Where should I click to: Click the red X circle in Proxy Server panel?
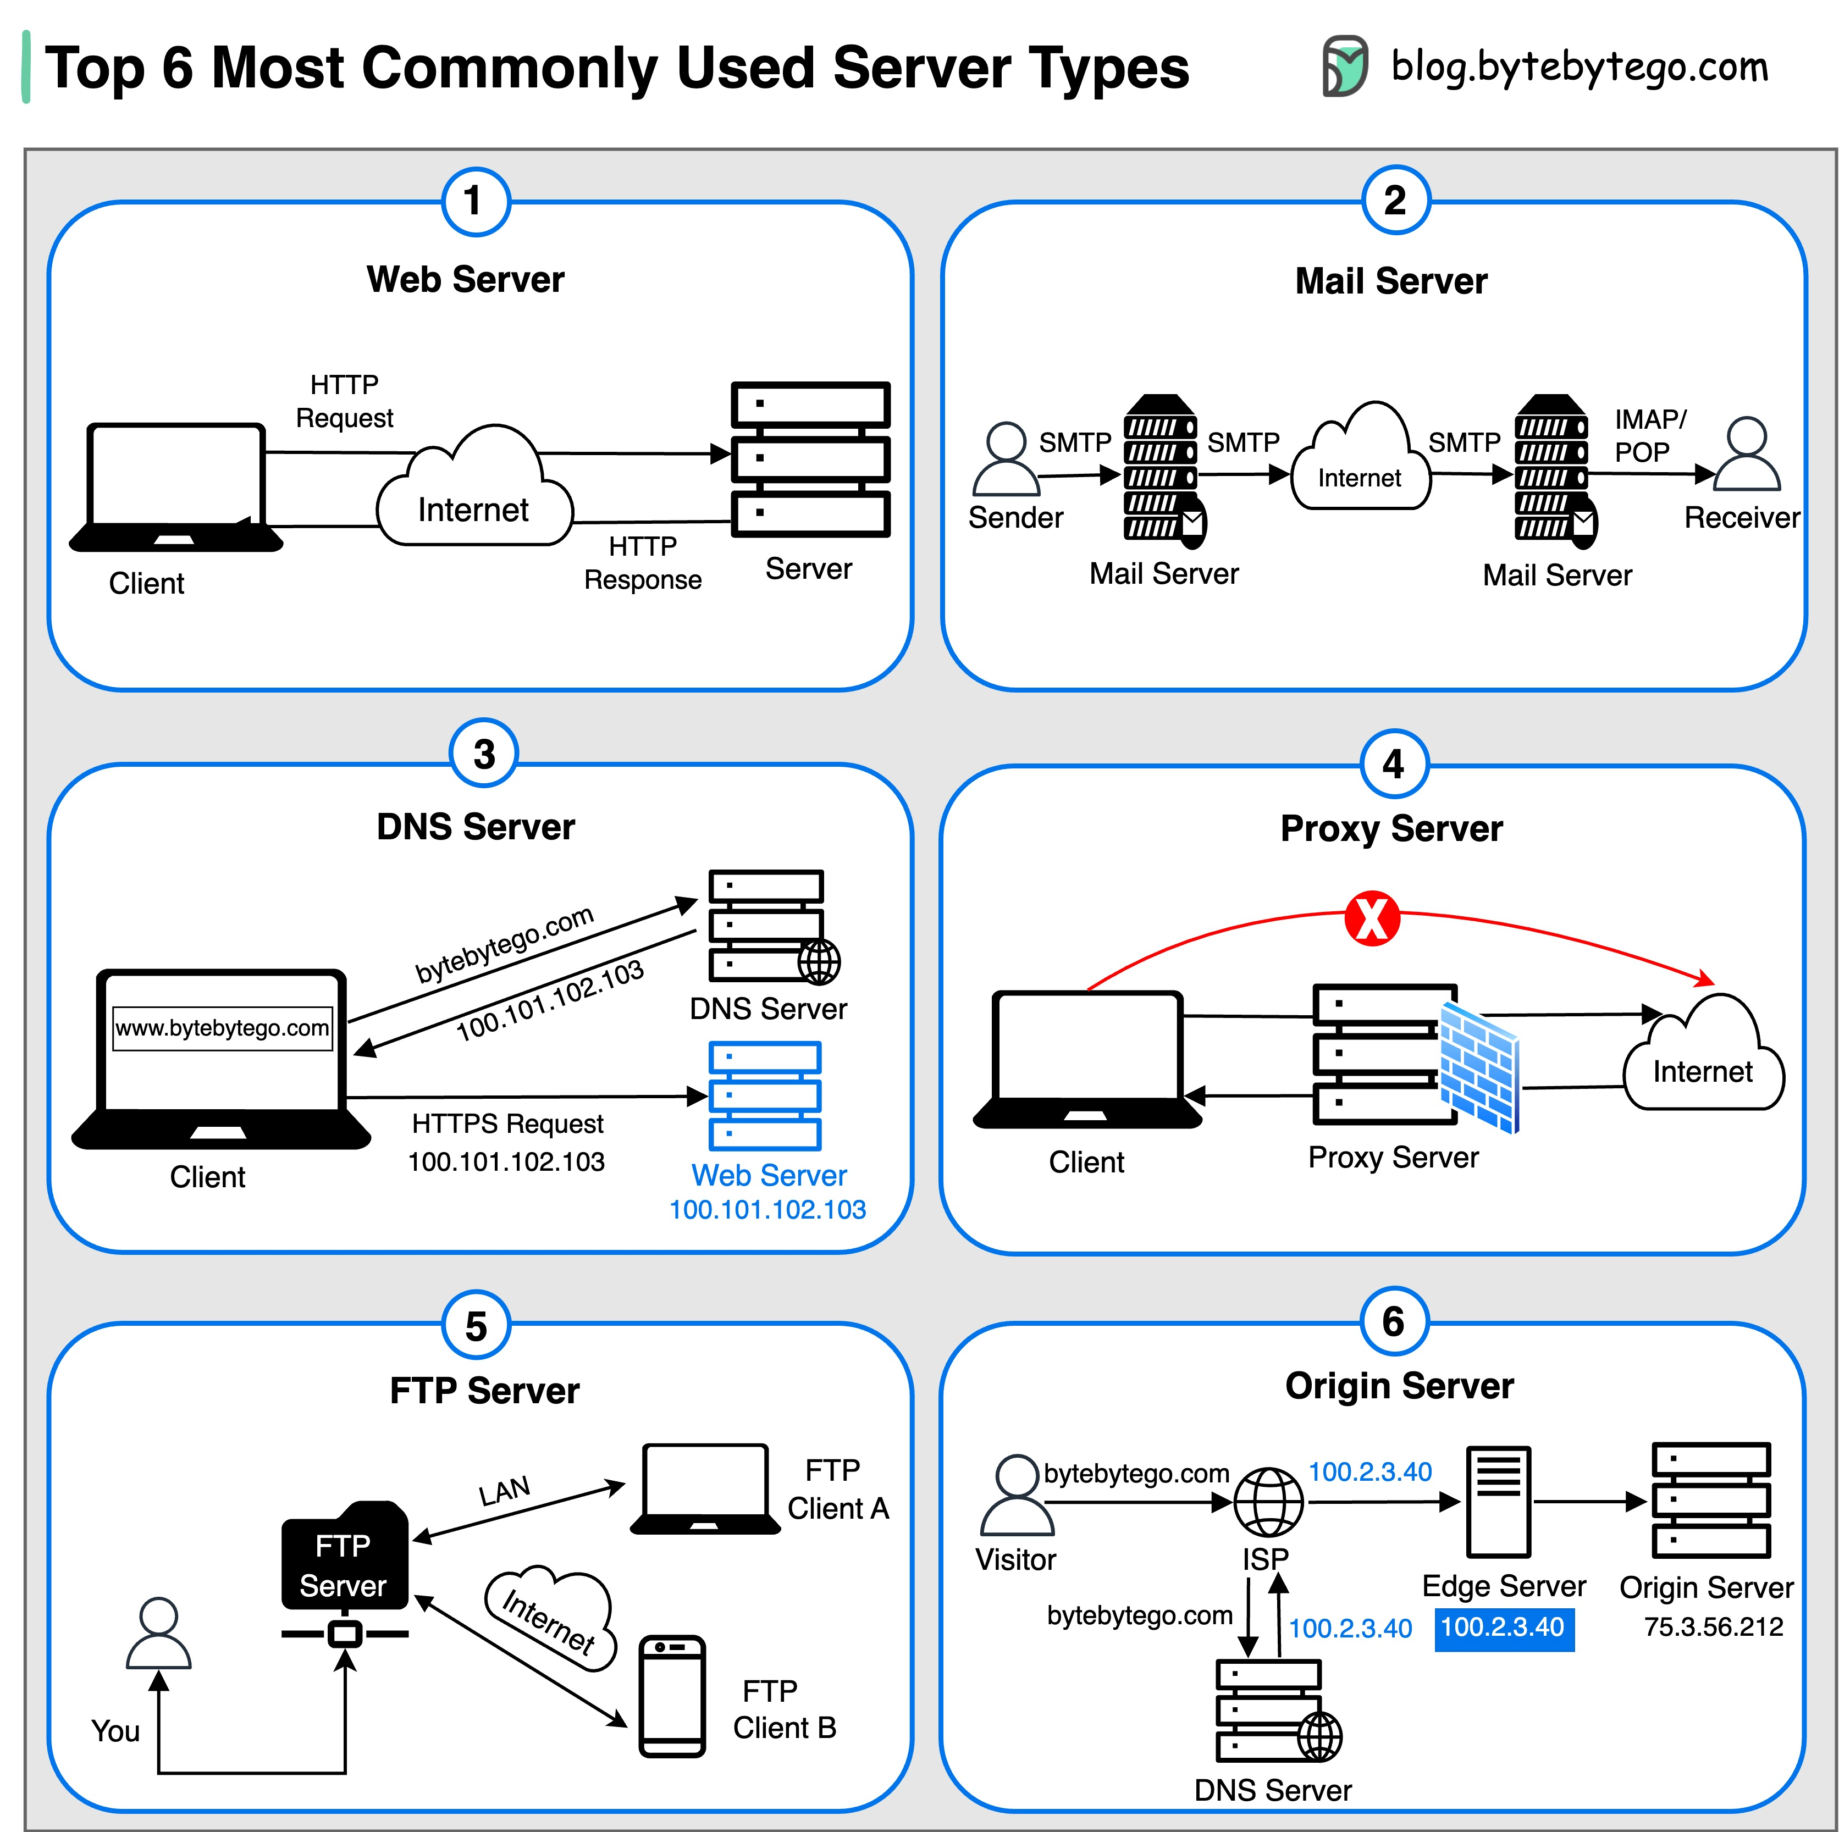pyautogui.click(x=1372, y=918)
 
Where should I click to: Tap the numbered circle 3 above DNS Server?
pyautogui.click(x=484, y=754)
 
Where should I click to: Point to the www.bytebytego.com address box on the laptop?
pyautogui.click(x=223, y=1028)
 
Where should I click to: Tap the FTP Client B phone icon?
pyautogui.click(x=672, y=1696)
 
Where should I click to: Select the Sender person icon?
pyautogui.click(x=1006, y=459)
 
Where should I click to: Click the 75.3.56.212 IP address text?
pyautogui.click(x=1713, y=1626)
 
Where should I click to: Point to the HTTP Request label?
pyautogui.click(x=345, y=401)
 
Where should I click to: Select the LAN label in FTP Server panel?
pyautogui.click(x=505, y=1490)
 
